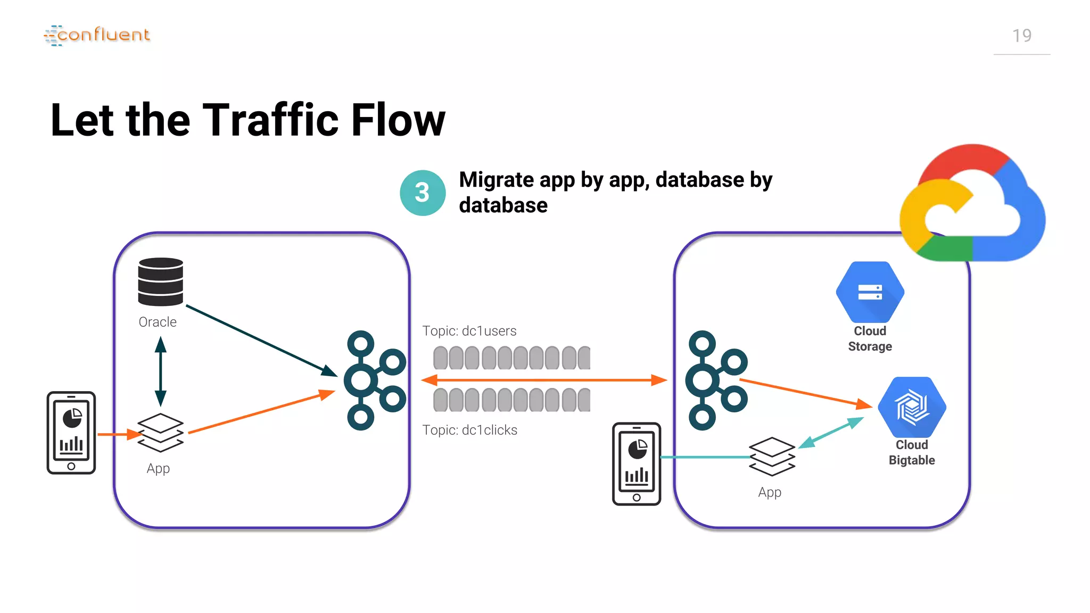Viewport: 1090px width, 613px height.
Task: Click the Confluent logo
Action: coord(97,35)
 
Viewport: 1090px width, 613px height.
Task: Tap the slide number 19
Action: coord(1021,36)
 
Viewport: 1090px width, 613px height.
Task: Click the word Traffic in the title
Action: coord(271,120)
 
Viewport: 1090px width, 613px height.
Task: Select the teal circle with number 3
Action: coord(423,193)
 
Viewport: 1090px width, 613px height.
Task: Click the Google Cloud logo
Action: coord(972,204)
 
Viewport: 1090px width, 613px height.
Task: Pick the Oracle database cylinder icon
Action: coord(160,281)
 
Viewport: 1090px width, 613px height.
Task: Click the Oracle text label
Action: coord(158,322)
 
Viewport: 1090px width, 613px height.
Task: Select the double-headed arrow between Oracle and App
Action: coord(160,371)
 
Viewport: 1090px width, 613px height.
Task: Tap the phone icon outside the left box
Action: coord(71,433)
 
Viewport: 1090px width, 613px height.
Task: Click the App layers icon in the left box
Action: coord(160,432)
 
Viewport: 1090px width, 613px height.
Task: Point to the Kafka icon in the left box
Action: coord(374,380)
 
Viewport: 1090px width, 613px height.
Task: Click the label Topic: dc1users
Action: coord(469,331)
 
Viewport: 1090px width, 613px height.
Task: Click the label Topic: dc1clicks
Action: coord(469,430)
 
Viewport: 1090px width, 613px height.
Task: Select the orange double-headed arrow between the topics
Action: coord(543,380)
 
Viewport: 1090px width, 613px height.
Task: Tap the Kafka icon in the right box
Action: coord(716,380)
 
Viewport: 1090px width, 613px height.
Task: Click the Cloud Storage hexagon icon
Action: coord(870,292)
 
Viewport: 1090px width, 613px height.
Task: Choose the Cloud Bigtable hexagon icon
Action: coord(911,408)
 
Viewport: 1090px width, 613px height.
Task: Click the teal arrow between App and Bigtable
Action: coord(830,433)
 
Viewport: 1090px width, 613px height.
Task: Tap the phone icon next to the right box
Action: coord(637,463)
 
